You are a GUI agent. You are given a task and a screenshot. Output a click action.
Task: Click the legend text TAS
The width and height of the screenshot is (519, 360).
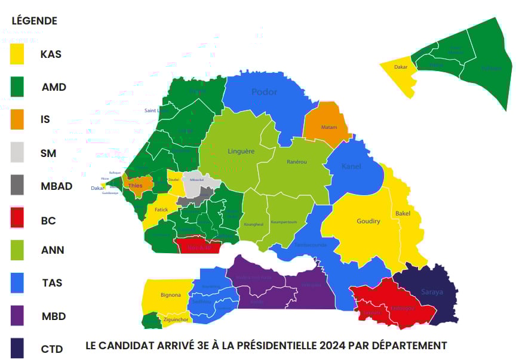51,283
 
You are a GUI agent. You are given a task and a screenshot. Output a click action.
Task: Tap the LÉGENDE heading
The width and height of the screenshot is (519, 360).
35,21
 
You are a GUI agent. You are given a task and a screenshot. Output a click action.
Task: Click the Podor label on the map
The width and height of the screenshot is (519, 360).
264,92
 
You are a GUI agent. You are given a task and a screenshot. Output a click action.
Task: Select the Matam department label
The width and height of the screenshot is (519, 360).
329,127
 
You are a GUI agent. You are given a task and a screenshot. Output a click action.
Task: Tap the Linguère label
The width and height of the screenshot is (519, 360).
241,151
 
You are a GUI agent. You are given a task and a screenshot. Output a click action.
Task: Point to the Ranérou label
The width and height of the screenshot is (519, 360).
297,162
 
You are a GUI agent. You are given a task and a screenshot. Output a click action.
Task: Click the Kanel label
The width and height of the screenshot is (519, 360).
351,166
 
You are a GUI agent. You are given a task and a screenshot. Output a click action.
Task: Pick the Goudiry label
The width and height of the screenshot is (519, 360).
368,221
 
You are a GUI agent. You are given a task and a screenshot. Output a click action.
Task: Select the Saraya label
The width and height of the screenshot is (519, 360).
432,292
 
